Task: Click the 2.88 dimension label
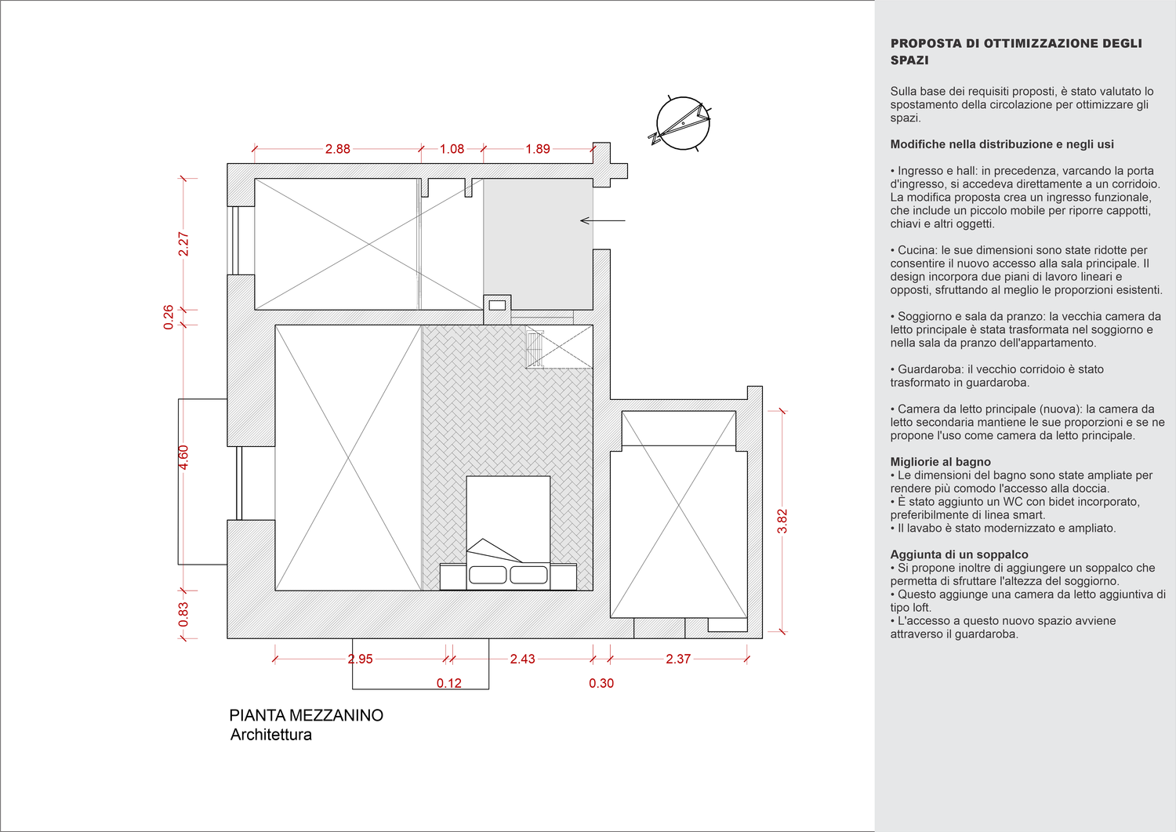coord(338,149)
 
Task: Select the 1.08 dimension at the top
coord(452,149)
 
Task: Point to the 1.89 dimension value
coord(538,149)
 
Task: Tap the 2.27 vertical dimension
coord(183,244)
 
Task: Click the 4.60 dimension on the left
coord(183,457)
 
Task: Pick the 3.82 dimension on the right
coord(782,521)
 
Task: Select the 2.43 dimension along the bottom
coord(522,659)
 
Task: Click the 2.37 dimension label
coord(678,659)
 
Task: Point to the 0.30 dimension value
coord(601,684)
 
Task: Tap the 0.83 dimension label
coord(183,614)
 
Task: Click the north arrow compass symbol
coord(682,122)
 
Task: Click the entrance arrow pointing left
coord(602,221)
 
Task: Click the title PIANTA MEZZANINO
coord(306,715)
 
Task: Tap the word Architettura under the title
coord(271,736)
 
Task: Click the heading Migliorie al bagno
coord(940,462)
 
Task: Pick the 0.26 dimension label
coord(169,317)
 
